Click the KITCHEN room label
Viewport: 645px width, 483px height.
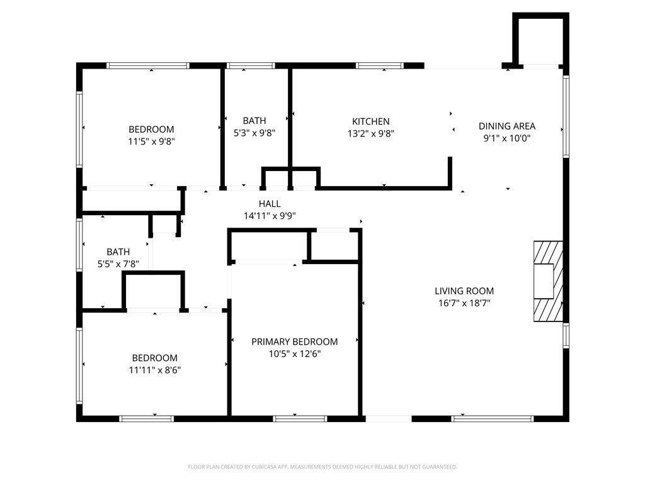(370, 121)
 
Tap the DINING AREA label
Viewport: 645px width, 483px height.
(507, 126)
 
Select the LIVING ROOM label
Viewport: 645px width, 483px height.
(464, 291)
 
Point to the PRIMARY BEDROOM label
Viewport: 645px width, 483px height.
(294, 341)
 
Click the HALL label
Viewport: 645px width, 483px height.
(270, 204)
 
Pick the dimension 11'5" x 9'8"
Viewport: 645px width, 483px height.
(151, 142)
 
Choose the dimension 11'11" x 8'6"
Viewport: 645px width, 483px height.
(154, 370)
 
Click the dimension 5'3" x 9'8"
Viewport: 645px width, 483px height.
(254, 133)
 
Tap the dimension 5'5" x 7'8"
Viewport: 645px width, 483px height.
(118, 264)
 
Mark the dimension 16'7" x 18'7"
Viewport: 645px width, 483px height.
(464, 303)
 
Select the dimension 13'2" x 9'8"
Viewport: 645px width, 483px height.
(370, 133)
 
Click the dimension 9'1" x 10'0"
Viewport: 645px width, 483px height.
(507, 138)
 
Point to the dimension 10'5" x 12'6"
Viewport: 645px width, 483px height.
(294, 353)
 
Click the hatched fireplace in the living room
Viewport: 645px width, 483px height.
(545, 281)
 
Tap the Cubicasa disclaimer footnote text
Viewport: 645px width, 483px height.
(322, 467)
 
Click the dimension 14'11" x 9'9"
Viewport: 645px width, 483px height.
(270, 216)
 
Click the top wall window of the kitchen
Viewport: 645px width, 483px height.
(380, 65)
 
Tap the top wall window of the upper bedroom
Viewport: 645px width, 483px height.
(148, 65)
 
